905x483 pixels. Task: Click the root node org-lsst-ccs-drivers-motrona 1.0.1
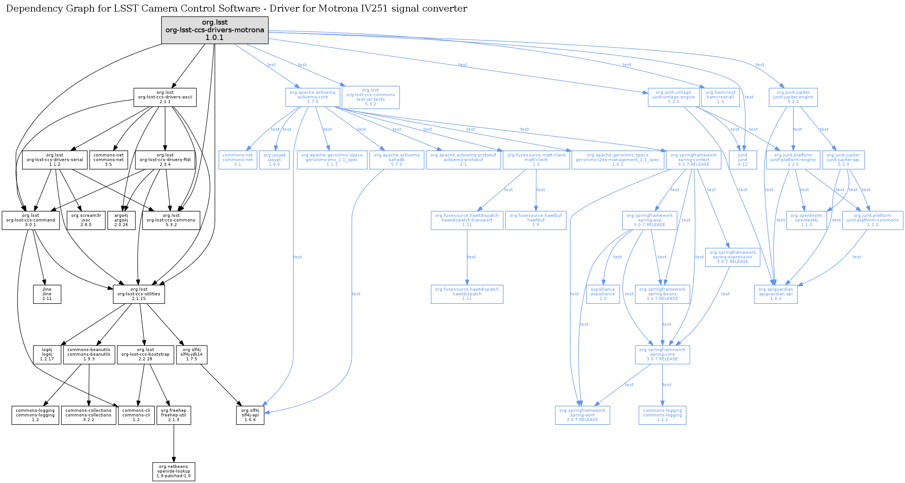click(215, 30)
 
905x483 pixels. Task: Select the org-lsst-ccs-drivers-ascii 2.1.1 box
click(165, 97)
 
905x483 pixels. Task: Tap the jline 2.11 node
click(47, 294)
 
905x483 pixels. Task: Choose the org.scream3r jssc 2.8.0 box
click(86, 220)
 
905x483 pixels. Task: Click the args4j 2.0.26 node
click(121, 220)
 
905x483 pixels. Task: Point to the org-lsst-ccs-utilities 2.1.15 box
click(139, 294)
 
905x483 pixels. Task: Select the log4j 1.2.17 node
click(47, 355)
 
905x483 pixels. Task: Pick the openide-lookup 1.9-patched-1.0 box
click(174, 471)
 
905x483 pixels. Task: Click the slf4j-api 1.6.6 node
click(250, 415)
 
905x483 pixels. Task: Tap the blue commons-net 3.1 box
click(238, 160)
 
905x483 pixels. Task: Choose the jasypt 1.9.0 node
click(274, 160)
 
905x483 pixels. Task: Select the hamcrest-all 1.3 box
click(720, 97)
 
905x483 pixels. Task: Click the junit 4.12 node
click(743, 160)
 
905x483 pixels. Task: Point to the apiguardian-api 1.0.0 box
click(776, 294)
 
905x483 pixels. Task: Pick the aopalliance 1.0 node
click(603, 294)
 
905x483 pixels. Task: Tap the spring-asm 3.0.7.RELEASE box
click(582, 415)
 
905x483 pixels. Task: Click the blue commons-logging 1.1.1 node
click(662, 415)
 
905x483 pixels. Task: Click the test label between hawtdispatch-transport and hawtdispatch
click(472, 257)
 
